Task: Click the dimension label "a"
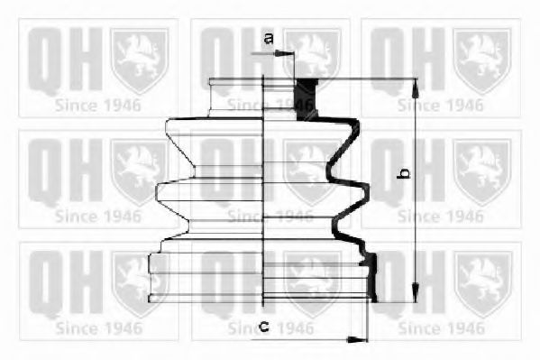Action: (269, 38)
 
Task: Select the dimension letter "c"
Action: (264, 326)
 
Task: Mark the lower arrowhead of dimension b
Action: (416, 294)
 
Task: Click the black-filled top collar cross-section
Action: (307, 99)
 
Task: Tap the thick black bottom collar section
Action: (371, 277)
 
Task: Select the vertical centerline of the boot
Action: (263, 190)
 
